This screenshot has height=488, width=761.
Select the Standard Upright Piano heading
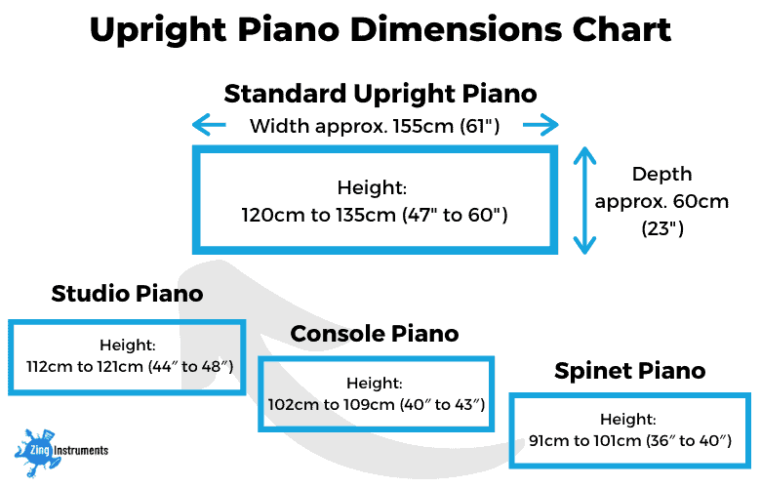point(380,94)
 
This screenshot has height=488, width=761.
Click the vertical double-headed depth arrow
point(583,200)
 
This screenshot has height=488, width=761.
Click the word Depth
point(661,174)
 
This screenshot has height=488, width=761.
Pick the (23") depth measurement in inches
point(661,230)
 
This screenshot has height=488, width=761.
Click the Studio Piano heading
point(128,293)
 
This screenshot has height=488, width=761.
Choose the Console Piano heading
point(375,334)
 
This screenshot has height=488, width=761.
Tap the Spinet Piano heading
point(629,371)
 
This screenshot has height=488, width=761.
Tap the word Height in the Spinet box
point(628,420)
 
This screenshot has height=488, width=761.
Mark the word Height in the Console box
point(375,384)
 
